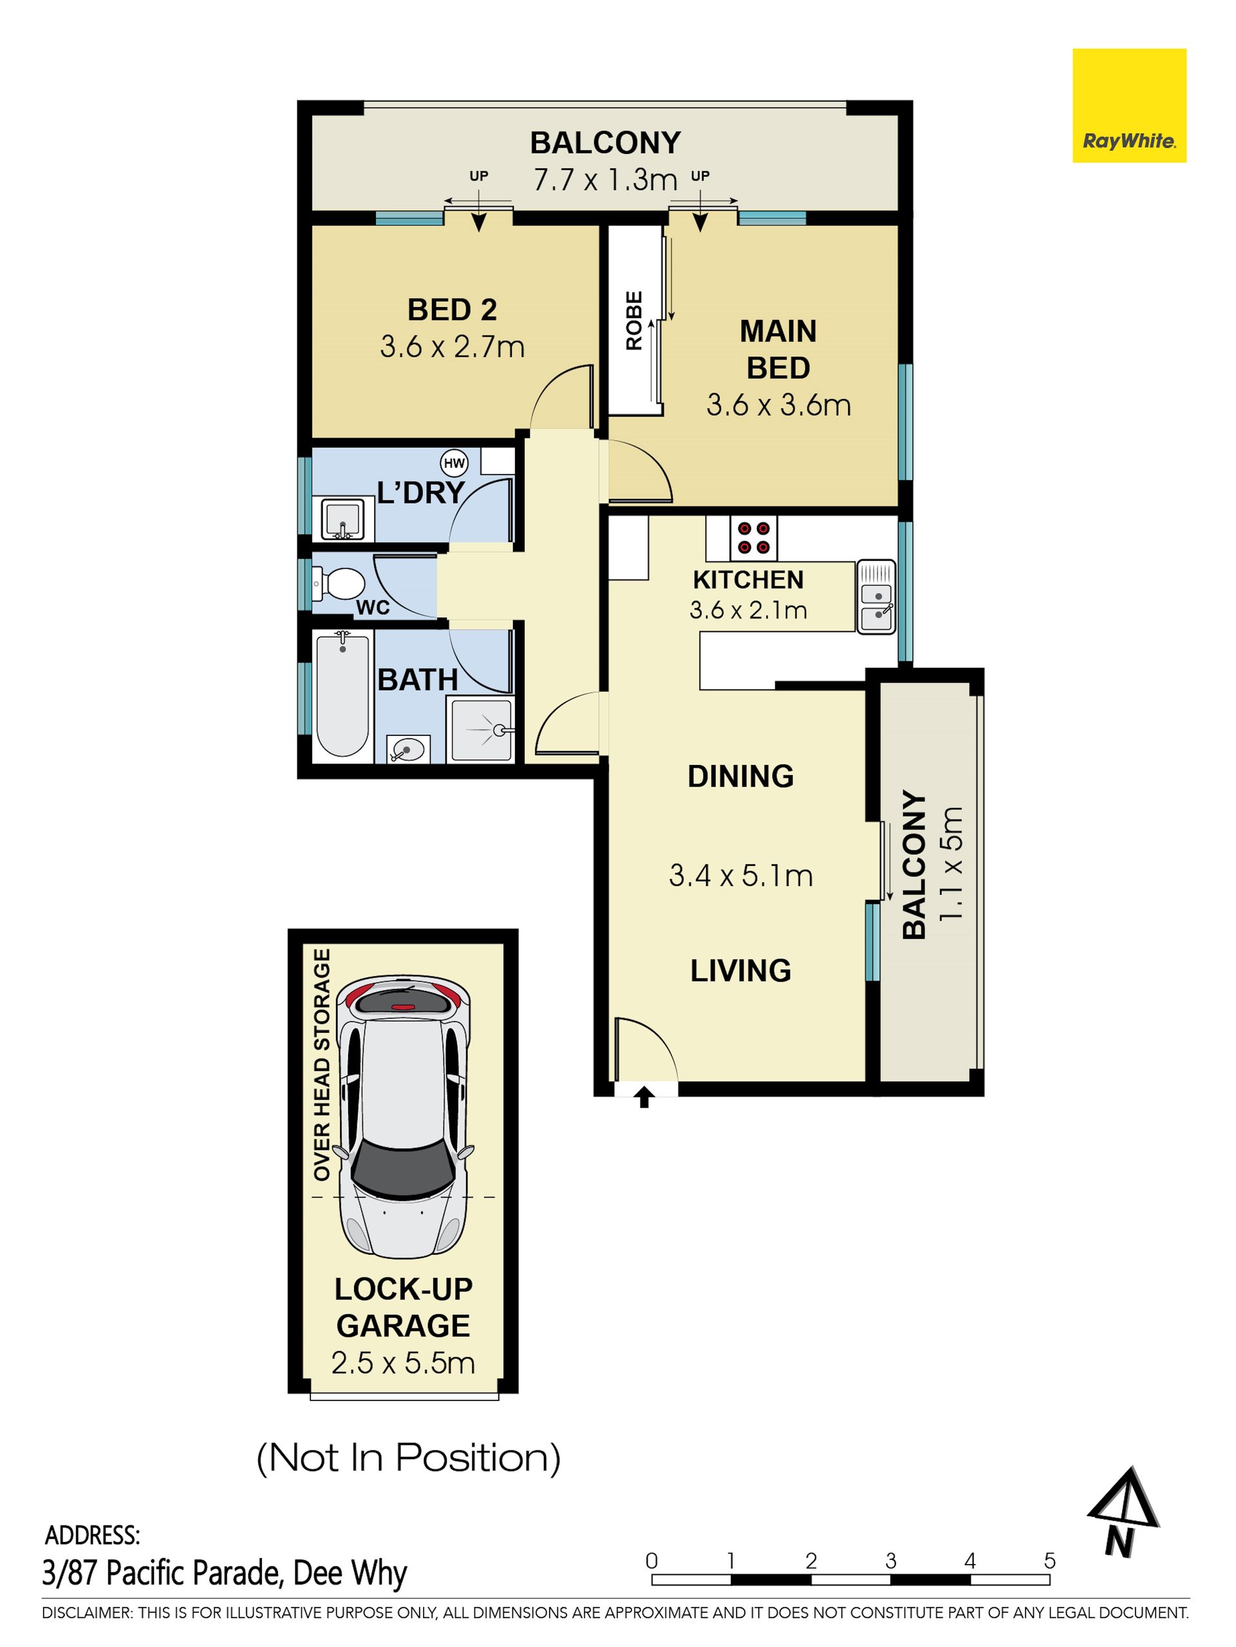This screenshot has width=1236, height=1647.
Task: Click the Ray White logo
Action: coord(1128,106)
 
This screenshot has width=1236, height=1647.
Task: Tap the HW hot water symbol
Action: coord(454,463)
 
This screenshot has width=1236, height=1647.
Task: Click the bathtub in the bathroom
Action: coord(342,693)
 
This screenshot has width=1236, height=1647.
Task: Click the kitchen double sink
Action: coord(876,597)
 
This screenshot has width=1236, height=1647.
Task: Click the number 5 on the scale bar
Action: coord(1049,1561)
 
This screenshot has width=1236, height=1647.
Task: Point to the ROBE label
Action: coord(633,321)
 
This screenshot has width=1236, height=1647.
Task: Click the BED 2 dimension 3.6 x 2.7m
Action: coord(452,347)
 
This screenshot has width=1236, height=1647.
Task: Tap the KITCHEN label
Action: coord(748,579)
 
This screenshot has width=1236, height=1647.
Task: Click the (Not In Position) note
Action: coord(408,1458)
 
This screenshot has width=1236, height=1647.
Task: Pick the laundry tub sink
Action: coord(342,519)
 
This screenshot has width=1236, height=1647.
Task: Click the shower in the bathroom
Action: coord(481,729)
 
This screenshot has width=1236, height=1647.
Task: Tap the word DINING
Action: coord(740,776)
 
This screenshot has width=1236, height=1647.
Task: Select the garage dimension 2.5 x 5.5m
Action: coord(403,1362)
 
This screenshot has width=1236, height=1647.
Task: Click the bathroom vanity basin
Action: coord(408,748)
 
